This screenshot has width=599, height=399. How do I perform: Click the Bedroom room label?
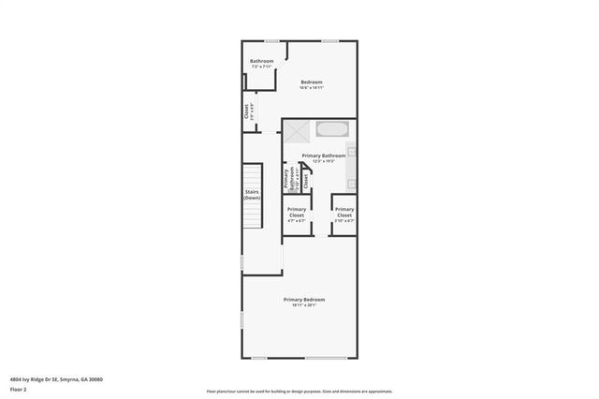[x=312, y=82]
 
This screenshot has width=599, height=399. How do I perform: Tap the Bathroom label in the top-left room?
[x=261, y=62]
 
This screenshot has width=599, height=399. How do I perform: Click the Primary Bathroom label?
[x=323, y=155]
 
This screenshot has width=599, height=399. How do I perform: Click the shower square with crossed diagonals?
[x=297, y=131]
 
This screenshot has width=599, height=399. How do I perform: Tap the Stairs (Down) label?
[x=252, y=196]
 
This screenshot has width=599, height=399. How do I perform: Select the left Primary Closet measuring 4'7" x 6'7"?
[x=297, y=212]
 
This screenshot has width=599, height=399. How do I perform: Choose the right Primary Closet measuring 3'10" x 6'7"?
[x=344, y=212]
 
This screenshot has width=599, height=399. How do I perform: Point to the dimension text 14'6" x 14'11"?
[x=312, y=88]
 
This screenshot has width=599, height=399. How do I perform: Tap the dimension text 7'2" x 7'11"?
[x=261, y=67]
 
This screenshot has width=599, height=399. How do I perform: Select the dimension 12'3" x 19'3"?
[x=323, y=161]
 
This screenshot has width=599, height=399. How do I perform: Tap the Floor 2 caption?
[x=18, y=389]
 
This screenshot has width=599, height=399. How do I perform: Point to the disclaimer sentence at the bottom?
[x=299, y=392]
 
